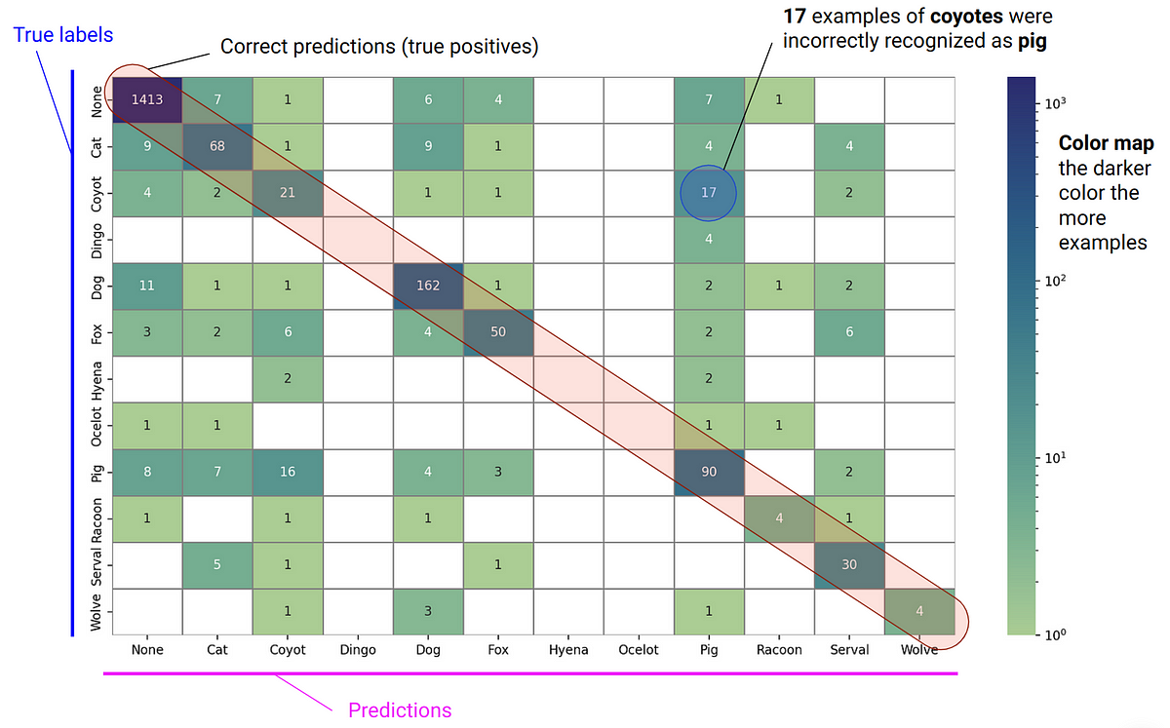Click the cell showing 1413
tap(147, 99)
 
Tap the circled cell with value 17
tap(709, 193)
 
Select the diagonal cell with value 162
tap(428, 286)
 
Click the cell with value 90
tap(709, 473)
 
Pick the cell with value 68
tap(217, 146)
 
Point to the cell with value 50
tap(498, 332)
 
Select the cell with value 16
tap(288, 473)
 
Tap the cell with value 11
tap(147, 286)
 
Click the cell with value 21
tap(288, 193)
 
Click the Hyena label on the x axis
tap(568, 649)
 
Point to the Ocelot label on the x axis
tap(639, 649)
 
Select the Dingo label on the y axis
tap(97, 240)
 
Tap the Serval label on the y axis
tap(97, 566)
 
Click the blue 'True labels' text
tap(63, 35)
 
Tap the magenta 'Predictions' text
tap(400, 709)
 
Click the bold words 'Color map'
tap(1106, 143)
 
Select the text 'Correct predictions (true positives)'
tap(379, 46)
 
